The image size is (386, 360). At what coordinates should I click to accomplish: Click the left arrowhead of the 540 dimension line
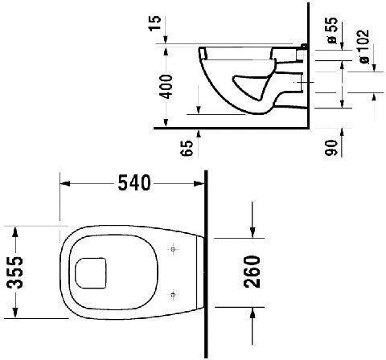click(65, 184)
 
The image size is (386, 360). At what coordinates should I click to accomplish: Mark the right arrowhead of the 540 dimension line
click(201, 184)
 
